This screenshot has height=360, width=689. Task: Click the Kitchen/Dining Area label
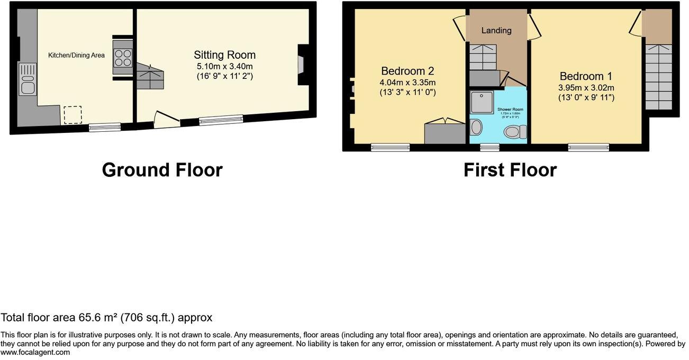click(76, 55)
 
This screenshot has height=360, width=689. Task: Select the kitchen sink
click(26, 79)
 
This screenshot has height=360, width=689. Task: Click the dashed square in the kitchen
click(72, 115)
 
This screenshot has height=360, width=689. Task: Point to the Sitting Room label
click(224, 55)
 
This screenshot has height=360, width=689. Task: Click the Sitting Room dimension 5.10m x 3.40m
click(224, 67)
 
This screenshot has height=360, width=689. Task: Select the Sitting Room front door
click(165, 120)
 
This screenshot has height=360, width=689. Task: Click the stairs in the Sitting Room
click(150, 76)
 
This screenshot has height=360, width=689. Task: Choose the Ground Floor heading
click(162, 170)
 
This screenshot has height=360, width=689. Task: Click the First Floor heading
click(510, 170)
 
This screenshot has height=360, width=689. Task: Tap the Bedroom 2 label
click(407, 71)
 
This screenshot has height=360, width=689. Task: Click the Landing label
click(496, 31)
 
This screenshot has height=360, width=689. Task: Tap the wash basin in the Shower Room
click(476, 127)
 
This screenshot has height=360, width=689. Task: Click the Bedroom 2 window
click(390, 147)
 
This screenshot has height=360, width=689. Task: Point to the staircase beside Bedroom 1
click(658, 76)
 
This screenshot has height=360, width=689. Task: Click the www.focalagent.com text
click(35, 352)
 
